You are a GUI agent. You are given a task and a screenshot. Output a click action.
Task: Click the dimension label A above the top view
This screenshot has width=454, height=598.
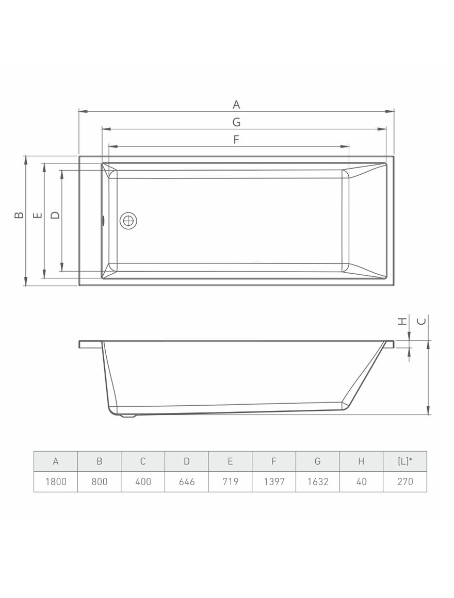pos(236,105)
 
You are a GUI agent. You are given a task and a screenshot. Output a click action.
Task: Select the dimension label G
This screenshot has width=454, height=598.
pos(236,122)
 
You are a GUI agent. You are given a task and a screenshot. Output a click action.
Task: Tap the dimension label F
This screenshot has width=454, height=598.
pos(236,139)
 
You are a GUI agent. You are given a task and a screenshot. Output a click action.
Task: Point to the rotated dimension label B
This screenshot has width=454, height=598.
pos(19,215)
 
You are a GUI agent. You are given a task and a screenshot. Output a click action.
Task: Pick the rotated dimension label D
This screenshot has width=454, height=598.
pos(55,215)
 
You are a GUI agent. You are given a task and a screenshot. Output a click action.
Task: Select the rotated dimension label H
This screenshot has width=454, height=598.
pos(402,321)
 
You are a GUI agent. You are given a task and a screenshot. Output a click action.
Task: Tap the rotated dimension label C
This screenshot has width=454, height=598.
pos(421,321)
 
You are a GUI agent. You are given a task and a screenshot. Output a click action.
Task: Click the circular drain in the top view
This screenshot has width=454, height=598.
pos(128,221)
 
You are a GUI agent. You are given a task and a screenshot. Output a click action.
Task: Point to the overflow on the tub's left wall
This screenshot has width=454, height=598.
pos(103,221)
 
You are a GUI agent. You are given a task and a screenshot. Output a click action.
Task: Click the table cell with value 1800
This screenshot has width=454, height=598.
pos(56,481)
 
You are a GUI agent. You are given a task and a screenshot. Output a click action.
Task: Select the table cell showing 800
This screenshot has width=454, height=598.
pos(99,481)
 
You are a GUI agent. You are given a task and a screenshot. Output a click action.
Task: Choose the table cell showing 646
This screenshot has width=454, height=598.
pos(187,481)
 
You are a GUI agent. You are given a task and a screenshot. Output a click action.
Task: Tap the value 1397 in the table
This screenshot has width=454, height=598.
pos(274,481)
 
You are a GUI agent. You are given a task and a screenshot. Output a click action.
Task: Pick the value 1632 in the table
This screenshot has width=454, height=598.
pos(318,481)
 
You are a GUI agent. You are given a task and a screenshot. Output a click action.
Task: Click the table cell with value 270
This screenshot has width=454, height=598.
pos(405,481)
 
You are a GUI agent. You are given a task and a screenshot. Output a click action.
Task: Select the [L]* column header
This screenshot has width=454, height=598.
pos(405,461)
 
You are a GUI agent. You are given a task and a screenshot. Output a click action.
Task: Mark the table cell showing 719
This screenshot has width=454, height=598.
pos(230,481)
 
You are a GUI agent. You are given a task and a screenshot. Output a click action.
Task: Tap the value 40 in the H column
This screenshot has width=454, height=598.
pos(361,481)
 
